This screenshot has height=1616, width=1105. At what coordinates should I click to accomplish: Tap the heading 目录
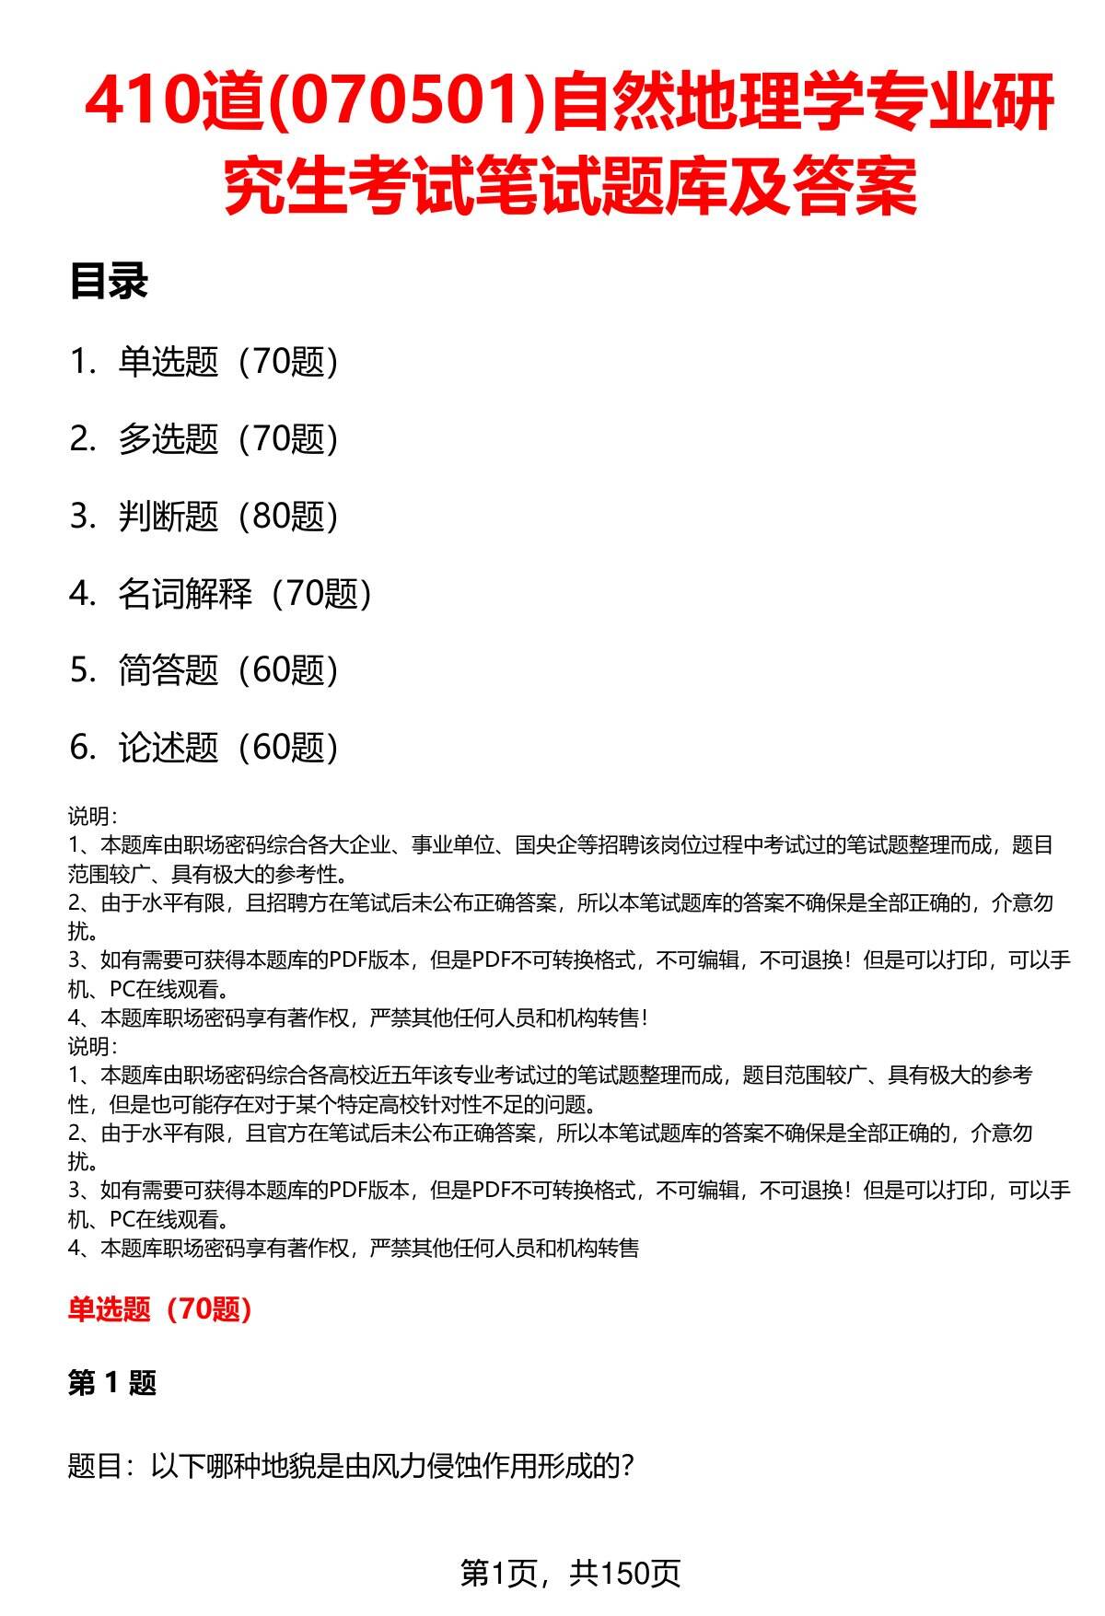click(x=109, y=282)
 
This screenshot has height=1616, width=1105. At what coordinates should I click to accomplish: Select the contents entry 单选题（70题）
click(x=228, y=362)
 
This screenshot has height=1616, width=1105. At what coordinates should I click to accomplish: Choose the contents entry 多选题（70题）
click(x=228, y=439)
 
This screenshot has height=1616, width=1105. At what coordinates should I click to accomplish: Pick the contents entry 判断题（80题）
click(x=228, y=517)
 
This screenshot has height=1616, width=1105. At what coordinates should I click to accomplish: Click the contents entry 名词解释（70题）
click(x=245, y=594)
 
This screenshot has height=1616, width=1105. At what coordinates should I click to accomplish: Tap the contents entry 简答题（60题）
click(x=228, y=670)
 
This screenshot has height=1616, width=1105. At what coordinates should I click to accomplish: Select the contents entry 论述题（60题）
click(x=228, y=748)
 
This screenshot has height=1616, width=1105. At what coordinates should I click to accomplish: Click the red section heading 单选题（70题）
click(x=160, y=1309)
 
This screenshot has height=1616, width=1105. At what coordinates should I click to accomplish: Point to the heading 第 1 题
click(x=112, y=1383)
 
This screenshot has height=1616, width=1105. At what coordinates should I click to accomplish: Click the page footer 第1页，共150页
click(x=570, y=1573)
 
